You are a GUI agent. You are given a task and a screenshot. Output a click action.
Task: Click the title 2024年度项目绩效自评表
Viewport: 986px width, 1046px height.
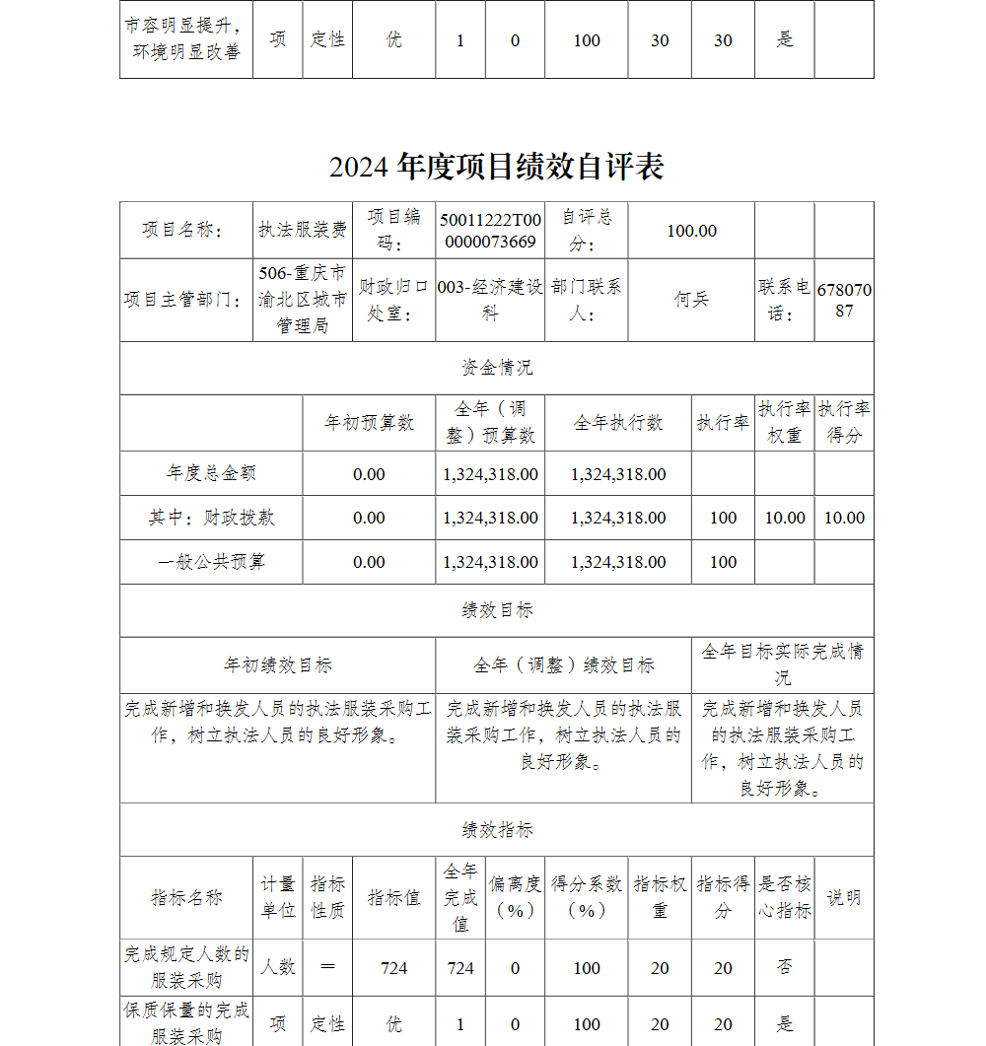click(496, 167)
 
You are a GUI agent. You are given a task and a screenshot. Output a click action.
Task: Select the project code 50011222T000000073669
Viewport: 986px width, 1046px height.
click(490, 231)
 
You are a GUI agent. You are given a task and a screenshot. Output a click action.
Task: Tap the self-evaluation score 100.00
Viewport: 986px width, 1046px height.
click(691, 231)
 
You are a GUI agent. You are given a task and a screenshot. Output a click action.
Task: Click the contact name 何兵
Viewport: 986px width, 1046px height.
click(691, 300)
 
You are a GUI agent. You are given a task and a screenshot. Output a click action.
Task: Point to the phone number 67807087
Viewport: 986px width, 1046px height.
click(844, 300)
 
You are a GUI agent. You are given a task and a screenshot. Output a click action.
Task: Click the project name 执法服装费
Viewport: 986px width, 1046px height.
click(303, 231)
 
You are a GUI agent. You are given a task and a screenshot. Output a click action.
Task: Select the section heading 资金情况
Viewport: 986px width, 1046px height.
click(497, 368)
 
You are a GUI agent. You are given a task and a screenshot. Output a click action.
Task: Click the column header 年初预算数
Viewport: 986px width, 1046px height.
click(369, 423)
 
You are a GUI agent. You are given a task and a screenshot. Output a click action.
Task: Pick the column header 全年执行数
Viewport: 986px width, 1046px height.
click(618, 423)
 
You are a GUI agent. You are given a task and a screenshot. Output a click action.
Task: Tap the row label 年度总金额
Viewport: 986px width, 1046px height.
click(211, 473)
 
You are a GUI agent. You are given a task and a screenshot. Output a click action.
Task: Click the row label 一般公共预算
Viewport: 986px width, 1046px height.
click(211, 562)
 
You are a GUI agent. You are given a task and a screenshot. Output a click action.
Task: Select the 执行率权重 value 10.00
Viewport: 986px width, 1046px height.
click(785, 518)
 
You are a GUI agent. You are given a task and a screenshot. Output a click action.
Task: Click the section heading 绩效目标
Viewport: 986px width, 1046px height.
click(497, 610)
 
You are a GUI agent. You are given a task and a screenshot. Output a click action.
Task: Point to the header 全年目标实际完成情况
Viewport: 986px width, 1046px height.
click(783, 664)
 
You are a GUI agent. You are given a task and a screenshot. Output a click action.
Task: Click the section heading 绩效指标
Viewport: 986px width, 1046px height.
click(497, 830)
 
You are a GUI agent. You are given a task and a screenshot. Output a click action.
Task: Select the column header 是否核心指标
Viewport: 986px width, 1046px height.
click(785, 897)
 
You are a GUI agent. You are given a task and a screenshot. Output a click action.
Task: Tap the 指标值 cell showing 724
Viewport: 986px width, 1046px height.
click(393, 968)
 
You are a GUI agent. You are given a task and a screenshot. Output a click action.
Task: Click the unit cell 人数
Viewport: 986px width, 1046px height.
click(278, 968)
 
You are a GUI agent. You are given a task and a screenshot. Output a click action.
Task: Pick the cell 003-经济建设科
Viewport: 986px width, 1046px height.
click(490, 300)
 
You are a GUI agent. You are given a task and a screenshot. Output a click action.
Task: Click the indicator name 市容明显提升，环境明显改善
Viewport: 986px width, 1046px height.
click(185, 39)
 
